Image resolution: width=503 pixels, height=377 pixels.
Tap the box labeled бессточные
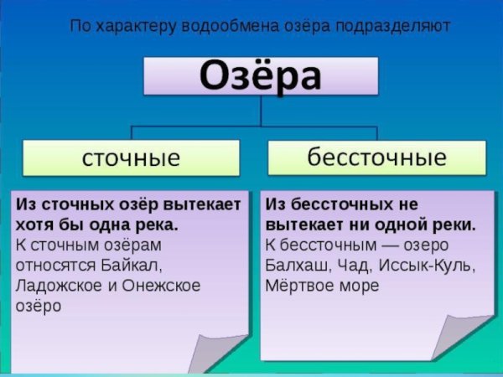click(376, 158)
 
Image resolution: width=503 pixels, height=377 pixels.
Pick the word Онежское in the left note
click(161, 287)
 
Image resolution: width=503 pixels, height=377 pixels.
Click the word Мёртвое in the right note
click(303, 287)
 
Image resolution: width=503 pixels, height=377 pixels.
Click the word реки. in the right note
click(456, 225)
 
